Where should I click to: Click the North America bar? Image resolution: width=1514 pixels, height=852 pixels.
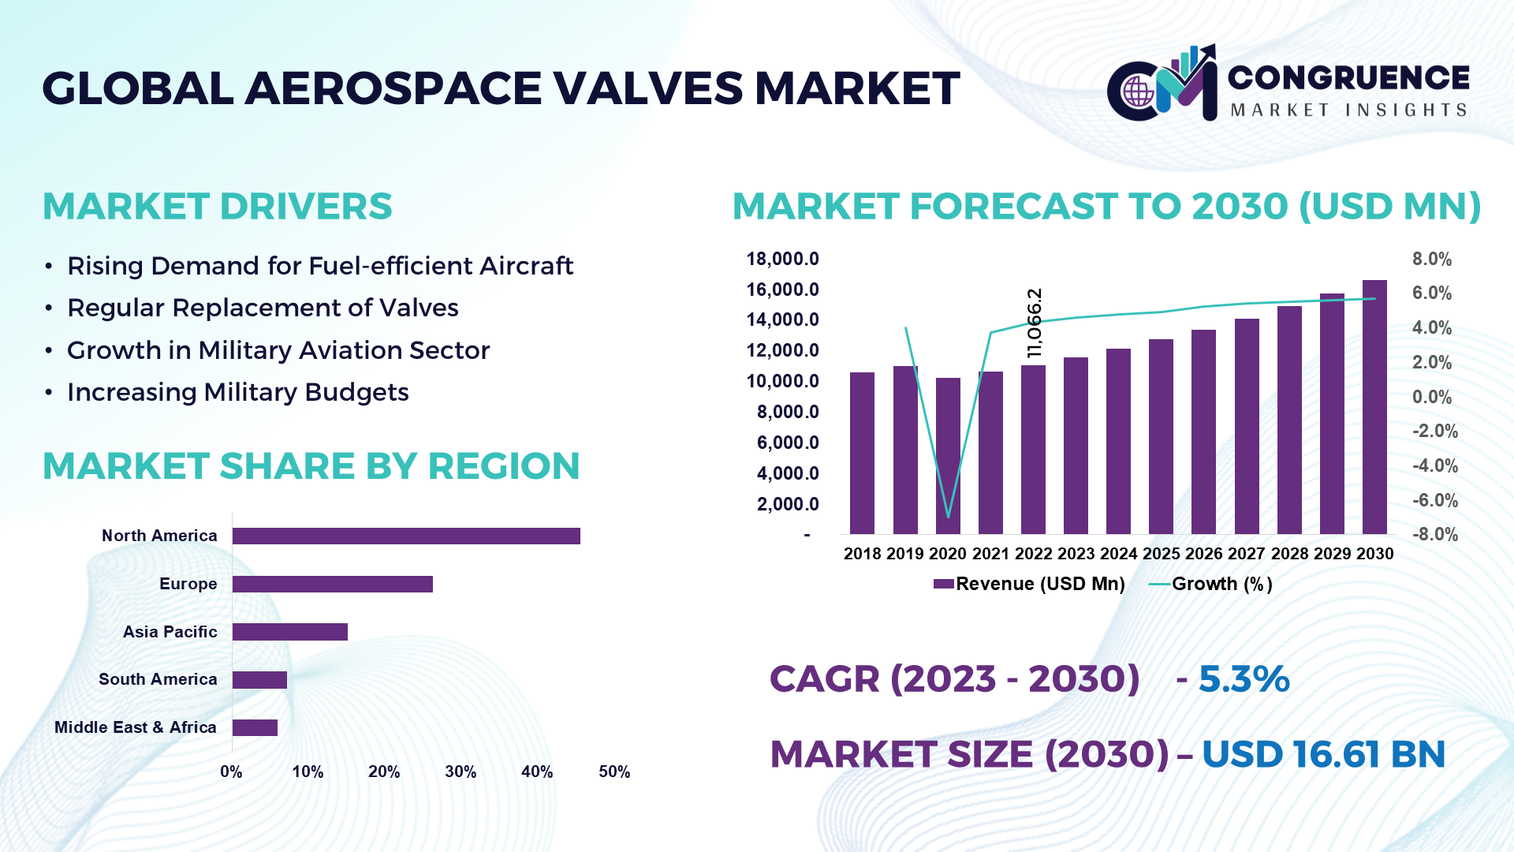point(406,536)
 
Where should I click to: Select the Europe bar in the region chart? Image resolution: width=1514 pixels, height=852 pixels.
point(332,584)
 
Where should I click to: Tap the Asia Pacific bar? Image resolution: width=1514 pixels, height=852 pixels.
point(289,632)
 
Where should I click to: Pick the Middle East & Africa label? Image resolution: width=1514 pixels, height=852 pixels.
point(136,727)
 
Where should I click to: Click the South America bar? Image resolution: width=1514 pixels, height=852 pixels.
point(259,680)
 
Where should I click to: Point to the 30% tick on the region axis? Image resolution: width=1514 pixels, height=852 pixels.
point(461,772)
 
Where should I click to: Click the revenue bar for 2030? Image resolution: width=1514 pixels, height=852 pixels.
point(1374,407)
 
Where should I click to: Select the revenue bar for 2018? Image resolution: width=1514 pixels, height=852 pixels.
point(862,454)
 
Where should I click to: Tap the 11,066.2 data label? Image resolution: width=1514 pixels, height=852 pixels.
point(1035,323)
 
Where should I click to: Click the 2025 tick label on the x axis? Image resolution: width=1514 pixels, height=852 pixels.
point(1161,554)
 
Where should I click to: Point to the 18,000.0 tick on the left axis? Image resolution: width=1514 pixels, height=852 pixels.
point(782,259)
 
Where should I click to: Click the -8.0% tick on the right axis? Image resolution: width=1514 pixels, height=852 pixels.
point(1434,534)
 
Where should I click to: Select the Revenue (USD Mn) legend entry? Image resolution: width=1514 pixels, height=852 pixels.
point(1029,584)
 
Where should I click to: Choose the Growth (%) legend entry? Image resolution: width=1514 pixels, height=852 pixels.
point(1211,584)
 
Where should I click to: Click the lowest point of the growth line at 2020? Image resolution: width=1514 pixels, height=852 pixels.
point(948,517)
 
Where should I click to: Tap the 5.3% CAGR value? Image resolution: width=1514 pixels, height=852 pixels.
point(1244,679)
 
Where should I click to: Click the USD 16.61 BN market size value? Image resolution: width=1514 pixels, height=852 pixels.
point(1323,754)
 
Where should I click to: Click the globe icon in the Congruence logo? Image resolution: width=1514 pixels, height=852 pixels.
point(1138,92)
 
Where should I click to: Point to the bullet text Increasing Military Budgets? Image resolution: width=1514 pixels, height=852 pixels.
point(237,392)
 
